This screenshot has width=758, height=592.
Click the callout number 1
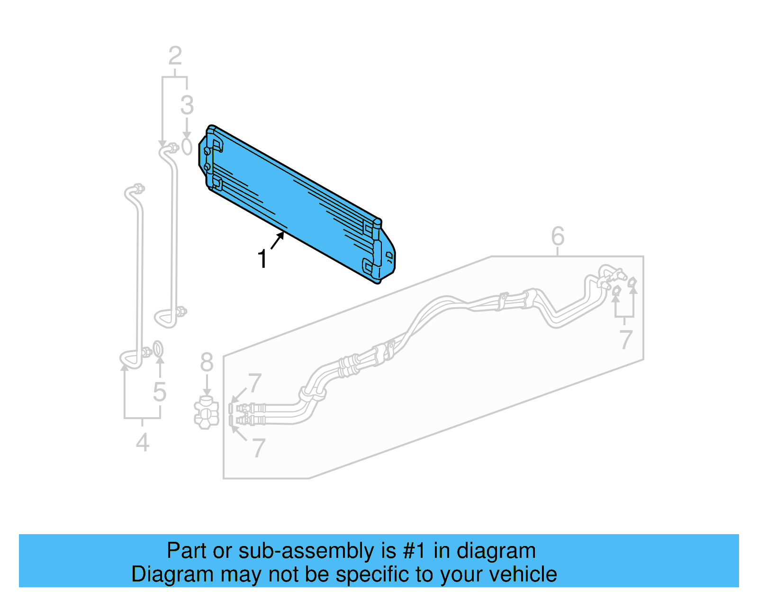262,259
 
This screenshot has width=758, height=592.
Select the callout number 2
175,56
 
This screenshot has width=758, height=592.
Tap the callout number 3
187,105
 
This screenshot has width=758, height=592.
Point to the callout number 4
143,443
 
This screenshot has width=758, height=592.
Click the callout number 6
558,236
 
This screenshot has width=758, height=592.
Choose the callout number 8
207,363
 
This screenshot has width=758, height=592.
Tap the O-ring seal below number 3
187,146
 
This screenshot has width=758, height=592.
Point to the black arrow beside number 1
277,240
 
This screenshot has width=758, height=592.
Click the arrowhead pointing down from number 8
207,392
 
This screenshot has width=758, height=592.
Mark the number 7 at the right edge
626,339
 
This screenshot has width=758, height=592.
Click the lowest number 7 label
258,448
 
